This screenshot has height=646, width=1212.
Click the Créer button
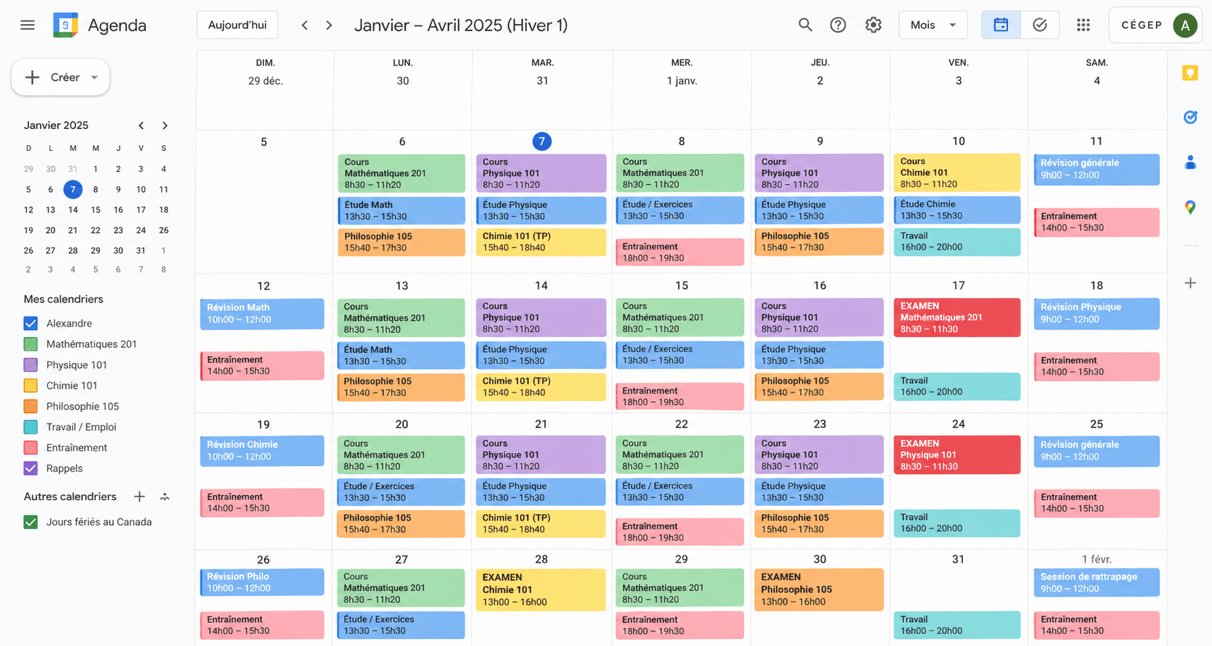click(x=60, y=78)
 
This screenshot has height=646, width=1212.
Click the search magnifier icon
click(x=805, y=25)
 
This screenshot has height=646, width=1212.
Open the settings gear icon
click(x=873, y=25)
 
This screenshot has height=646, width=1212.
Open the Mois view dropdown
click(x=932, y=25)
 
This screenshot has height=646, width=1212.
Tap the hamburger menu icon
click(x=28, y=25)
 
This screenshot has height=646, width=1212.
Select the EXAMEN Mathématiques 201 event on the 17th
click(x=956, y=317)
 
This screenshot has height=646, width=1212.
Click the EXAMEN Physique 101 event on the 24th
click(x=956, y=455)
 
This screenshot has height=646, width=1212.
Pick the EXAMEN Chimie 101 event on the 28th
click(x=541, y=589)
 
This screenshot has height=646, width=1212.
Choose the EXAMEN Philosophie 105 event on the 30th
click(x=819, y=589)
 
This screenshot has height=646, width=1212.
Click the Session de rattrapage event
click(x=1096, y=582)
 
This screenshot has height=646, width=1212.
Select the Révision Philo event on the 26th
click(x=262, y=582)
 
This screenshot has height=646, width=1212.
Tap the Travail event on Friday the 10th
click(x=956, y=241)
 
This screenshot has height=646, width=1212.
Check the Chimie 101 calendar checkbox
click(x=30, y=386)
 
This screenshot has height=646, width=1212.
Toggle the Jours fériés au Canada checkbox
click(x=30, y=522)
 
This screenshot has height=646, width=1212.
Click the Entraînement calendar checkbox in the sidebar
click(x=30, y=448)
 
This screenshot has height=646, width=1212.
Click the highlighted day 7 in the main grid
click(x=541, y=142)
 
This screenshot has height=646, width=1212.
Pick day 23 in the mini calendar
click(x=118, y=230)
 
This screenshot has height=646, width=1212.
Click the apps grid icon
click(x=1083, y=25)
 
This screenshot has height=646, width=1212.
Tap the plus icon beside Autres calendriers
click(x=139, y=496)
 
